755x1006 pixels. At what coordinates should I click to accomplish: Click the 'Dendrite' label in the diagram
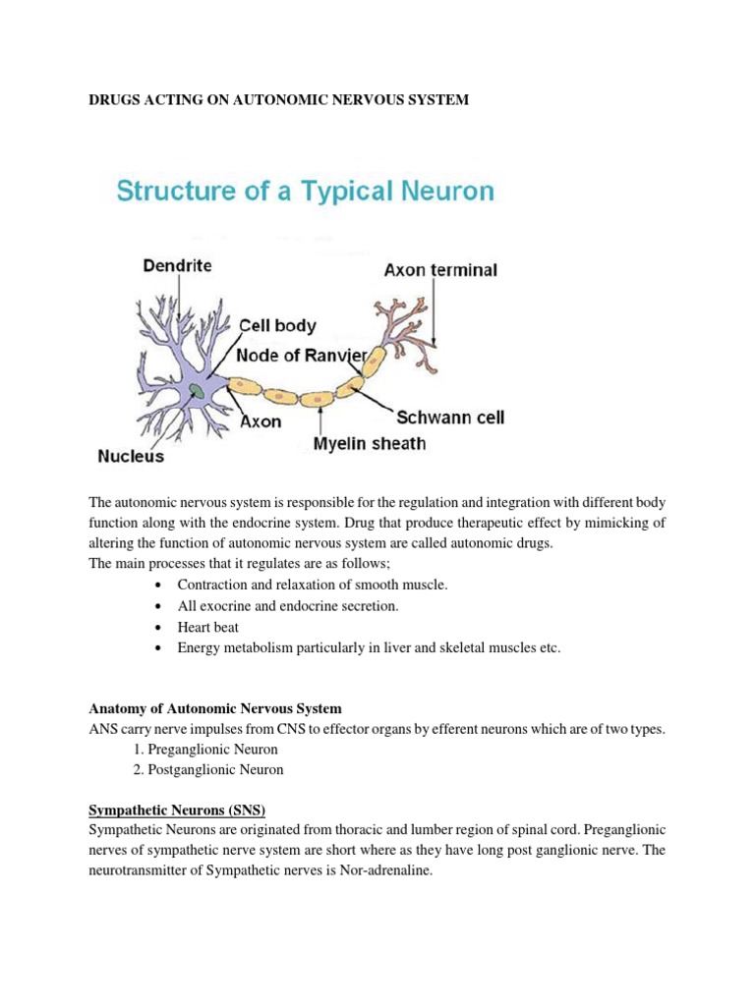[x=177, y=265]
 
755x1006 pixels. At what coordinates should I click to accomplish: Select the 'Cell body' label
[x=278, y=325]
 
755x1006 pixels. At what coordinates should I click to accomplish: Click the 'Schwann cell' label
[x=450, y=418]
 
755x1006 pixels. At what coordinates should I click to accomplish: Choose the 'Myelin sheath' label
[x=370, y=444]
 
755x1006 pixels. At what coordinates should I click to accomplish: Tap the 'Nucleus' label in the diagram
[x=131, y=456]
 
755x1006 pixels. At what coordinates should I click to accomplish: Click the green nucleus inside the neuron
[x=199, y=391]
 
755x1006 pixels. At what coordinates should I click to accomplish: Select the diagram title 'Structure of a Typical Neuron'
[x=305, y=191]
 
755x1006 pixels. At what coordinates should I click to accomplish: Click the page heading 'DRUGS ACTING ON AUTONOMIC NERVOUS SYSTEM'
[x=279, y=101]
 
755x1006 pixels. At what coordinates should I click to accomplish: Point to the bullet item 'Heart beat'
[x=208, y=627]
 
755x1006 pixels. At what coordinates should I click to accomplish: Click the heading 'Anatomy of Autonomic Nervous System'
[x=215, y=708]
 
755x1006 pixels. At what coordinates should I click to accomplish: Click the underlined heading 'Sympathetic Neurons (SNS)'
[x=178, y=810]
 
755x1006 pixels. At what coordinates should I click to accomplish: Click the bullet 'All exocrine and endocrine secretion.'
[x=288, y=606]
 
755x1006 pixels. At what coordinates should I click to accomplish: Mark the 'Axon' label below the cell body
[x=261, y=421]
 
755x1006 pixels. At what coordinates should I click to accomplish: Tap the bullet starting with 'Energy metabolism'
[x=369, y=647]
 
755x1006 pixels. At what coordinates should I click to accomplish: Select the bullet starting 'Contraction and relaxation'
[x=313, y=585]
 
